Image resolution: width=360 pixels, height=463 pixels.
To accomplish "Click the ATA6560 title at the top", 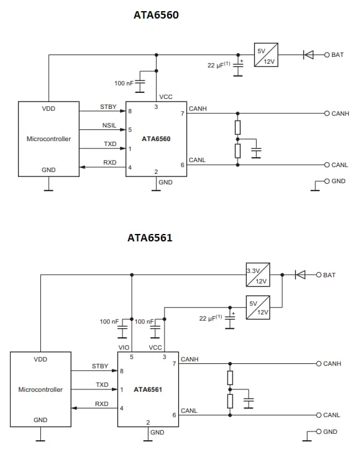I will click(x=156, y=15).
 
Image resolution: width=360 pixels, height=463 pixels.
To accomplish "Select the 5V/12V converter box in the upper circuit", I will click(x=265, y=54).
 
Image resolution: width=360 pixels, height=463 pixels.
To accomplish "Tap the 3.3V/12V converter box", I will click(x=257, y=275).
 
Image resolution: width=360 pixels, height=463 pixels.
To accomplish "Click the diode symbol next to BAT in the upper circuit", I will click(x=307, y=54).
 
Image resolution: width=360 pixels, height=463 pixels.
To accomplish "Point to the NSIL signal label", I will click(x=109, y=126).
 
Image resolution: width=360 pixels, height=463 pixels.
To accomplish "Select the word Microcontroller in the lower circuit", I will click(x=40, y=390).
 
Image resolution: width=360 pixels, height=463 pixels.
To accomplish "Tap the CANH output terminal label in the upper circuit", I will click(x=341, y=114).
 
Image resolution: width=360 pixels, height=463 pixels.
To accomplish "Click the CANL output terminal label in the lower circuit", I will click(x=332, y=415).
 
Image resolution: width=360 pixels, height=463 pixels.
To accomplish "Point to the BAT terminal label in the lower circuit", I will click(x=329, y=275).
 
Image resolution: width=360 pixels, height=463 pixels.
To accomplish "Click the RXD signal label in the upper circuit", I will click(x=109, y=163).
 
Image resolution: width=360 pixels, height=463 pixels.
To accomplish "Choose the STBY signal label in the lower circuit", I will click(x=100, y=366).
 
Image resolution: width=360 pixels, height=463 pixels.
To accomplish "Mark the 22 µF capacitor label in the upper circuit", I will click(x=219, y=64).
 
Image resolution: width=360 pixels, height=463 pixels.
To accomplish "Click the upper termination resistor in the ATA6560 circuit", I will click(x=238, y=128).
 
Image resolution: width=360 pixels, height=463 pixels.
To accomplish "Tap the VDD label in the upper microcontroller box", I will click(x=48, y=108).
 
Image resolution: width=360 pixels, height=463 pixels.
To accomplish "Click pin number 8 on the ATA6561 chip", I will click(x=122, y=371).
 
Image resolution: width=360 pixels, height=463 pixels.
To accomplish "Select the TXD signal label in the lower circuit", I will click(x=102, y=385).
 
